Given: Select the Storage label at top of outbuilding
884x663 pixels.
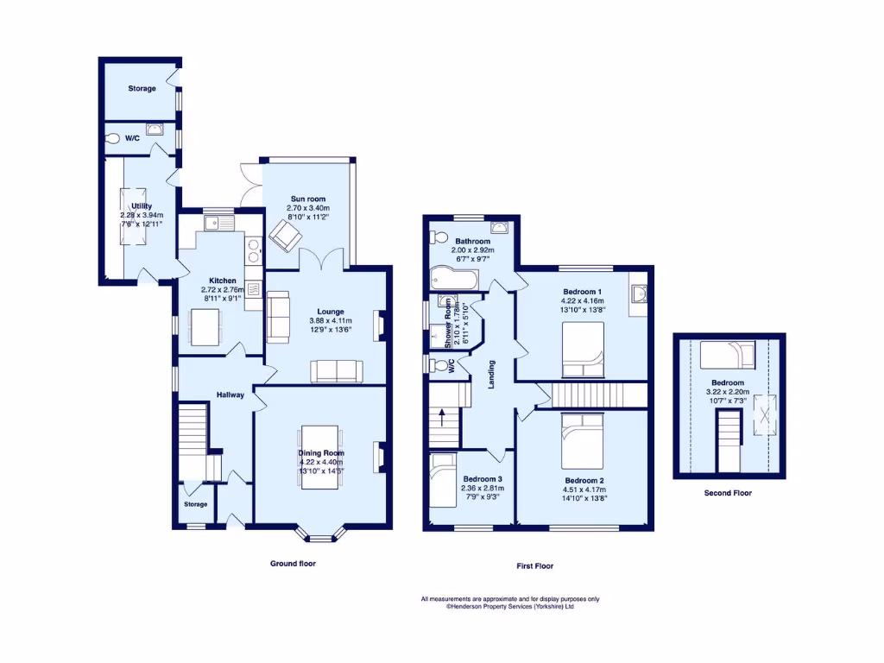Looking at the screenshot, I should [x=142, y=88].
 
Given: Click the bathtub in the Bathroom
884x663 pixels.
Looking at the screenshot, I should [x=452, y=279].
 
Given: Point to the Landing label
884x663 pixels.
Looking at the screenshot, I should [x=491, y=374].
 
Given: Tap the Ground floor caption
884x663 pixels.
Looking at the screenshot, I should [x=293, y=563].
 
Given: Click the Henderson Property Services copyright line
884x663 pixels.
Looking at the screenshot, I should [x=509, y=606].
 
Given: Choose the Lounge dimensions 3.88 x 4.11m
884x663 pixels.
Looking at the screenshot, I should [x=330, y=321].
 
